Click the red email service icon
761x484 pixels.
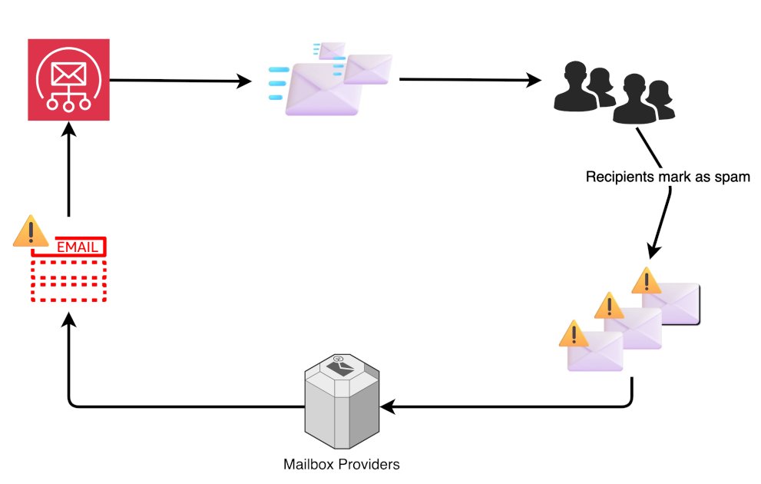coord(68,80)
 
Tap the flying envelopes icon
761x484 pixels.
coord(330,80)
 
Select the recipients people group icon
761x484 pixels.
coord(614,92)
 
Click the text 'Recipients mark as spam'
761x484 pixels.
coord(667,177)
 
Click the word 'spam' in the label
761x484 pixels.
coord(733,177)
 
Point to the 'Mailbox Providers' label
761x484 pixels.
coord(341,465)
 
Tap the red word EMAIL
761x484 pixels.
coord(77,247)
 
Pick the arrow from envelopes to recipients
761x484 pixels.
coord(468,79)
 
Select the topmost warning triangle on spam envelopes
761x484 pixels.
coord(647,280)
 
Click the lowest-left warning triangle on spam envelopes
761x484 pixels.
coord(573,333)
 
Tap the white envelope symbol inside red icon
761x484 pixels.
coord(68,73)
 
